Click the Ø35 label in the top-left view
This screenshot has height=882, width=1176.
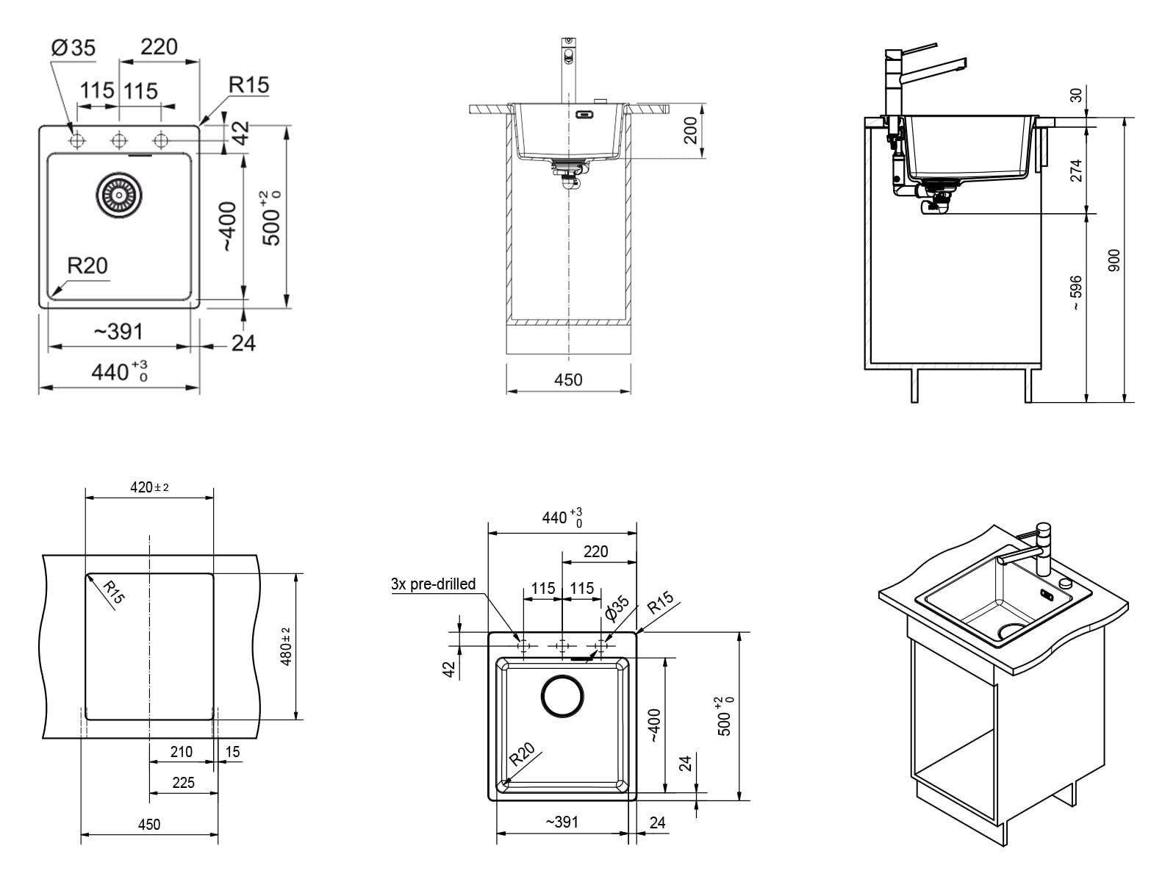[x=73, y=48]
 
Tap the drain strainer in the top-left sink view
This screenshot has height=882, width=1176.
[x=120, y=194]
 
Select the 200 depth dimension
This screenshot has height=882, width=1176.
[x=691, y=131]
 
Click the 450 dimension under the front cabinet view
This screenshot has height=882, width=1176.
[x=568, y=380]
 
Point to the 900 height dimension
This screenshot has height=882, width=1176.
[x=1114, y=260]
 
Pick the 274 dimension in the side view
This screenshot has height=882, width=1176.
[x=1076, y=171]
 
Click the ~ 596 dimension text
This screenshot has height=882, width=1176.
[x=1076, y=293]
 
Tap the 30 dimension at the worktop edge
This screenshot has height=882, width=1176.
[x=1076, y=95]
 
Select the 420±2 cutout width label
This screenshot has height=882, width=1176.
[x=149, y=487]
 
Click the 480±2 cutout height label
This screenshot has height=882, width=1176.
[x=286, y=646]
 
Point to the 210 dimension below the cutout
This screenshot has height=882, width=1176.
[x=181, y=752]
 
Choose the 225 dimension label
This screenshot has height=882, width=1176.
[x=183, y=783]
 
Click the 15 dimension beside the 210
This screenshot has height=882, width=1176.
[x=232, y=752]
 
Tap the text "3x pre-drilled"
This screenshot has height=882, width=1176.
[x=434, y=584]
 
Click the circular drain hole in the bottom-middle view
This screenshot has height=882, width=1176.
[x=562, y=696]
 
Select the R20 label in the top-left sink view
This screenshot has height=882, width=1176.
[x=87, y=265]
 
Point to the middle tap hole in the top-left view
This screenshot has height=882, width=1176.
[x=119, y=141]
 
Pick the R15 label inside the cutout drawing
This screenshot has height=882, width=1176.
[x=114, y=592]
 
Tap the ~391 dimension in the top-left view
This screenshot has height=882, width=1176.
[x=118, y=332]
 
